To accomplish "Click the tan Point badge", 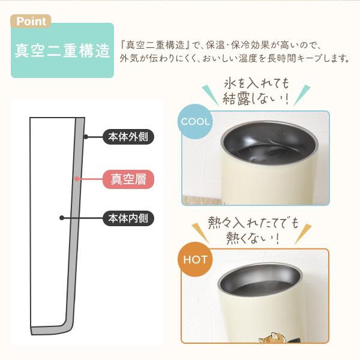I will (x=31, y=22).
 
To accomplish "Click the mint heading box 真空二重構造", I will (x=62, y=50).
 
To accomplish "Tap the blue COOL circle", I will (x=195, y=122).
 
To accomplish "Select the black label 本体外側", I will (x=127, y=137).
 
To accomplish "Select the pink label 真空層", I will (x=128, y=178).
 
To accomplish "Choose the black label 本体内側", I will (x=127, y=218).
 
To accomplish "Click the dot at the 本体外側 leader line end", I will (x=86, y=137).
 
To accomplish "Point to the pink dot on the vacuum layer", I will (x=77, y=178).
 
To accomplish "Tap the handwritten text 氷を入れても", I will (x=255, y=82).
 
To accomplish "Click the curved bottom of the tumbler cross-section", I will (x=51, y=331).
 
